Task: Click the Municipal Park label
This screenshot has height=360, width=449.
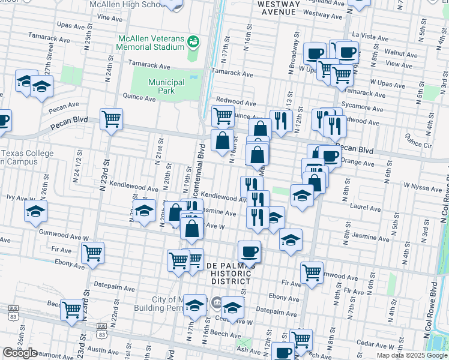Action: (x=166, y=86)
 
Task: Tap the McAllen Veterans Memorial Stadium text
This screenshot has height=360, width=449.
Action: (x=151, y=42)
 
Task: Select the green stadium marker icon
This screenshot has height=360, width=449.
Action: (x=193, y=41)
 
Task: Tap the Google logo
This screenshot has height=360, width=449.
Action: (x=20, y=353)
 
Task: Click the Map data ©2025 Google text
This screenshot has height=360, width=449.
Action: (x=411, y=355)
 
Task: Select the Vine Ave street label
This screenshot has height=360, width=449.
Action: (x=109, y=18)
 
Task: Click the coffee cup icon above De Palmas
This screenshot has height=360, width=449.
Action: (x=249, y=251)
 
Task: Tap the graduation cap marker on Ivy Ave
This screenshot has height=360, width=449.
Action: (x=36, y=211)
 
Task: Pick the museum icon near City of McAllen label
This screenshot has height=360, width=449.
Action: (x=215, y=301)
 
